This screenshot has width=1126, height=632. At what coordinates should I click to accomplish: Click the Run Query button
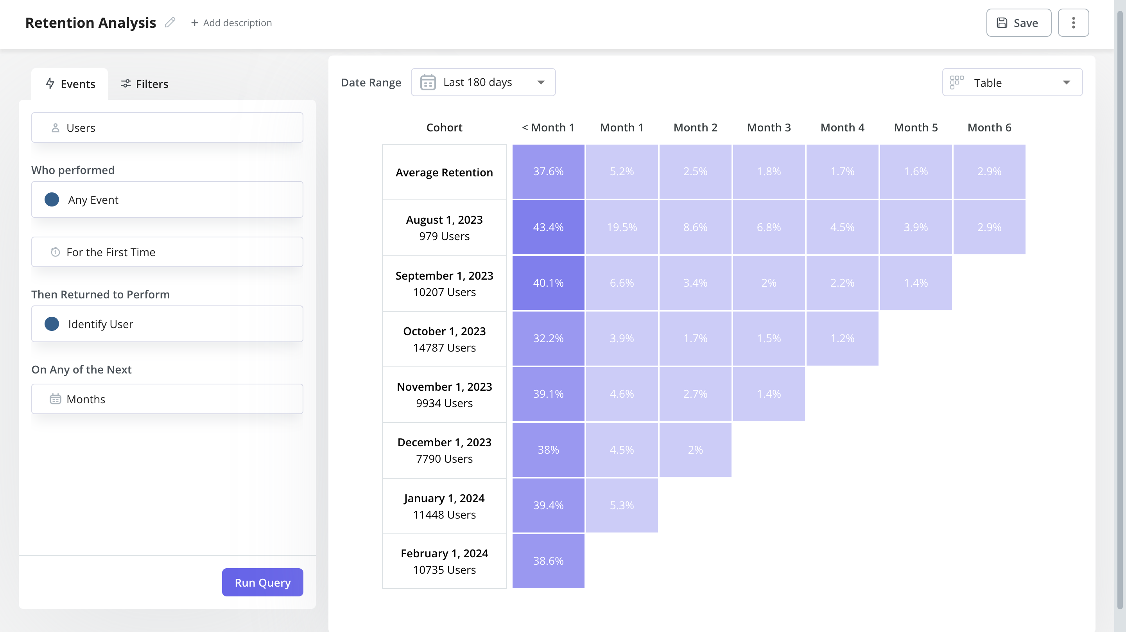[x=262, y=582]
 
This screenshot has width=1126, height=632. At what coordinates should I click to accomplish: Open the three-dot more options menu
[x=1073, y=23]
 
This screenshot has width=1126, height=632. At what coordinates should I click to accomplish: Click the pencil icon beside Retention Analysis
[x=170, y=22]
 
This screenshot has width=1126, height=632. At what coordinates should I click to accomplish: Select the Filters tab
[x=144, y=84]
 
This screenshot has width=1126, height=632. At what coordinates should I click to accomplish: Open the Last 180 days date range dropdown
[x=483, y=82]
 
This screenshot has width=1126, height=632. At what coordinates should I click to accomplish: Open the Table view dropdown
[x=1012, y=82]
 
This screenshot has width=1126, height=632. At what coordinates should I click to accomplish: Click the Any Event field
[x=167, y=199]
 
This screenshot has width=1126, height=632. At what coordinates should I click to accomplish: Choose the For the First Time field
[x=167, y=252]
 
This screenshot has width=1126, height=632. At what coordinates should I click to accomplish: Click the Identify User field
[x=167, y=324]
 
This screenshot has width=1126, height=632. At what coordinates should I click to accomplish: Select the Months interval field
[x=167, y=399]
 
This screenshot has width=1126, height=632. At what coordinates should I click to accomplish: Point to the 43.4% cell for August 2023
[x=548, y=227]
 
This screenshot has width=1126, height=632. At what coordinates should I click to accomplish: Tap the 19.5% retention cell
[x=622, y=227]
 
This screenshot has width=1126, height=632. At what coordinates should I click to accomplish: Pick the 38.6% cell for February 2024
[x=548, y=561]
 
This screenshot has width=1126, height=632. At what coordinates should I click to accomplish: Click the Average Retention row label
[x=444, y=172]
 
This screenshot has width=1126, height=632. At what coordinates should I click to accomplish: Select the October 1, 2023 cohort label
[x=444, y=339]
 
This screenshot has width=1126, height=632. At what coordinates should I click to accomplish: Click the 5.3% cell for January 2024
[x=622, y=505]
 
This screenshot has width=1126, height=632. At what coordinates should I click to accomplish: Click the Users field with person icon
[x=167, y=128]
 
